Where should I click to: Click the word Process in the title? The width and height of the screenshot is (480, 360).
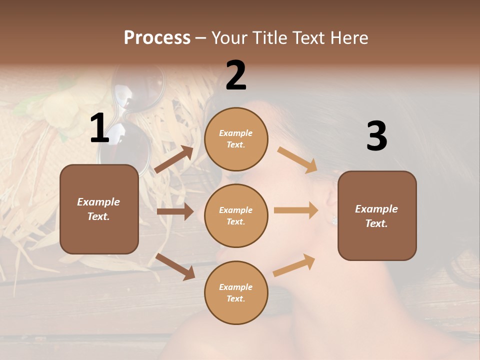click(x=157, y=38)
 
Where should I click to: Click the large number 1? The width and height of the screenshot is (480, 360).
click(x=99, y=128)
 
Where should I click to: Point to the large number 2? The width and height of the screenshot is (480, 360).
click(x=236, y=75)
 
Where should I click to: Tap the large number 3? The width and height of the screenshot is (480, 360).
click(x=376, y=136)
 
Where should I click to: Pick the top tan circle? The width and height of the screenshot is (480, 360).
click(x=236, y=139)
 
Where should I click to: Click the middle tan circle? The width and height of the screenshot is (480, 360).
click(x=236, y=215)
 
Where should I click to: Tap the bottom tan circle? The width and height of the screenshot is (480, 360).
click(x=236, y=292)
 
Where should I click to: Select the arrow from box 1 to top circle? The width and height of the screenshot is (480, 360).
click(x=174, y=159)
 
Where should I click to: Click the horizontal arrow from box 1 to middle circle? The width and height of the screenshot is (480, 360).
click(x=175, y=211)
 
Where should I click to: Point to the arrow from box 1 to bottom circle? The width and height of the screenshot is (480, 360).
click(x=175, y=266)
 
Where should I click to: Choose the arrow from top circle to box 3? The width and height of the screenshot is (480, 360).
click(x=297, y=159)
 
